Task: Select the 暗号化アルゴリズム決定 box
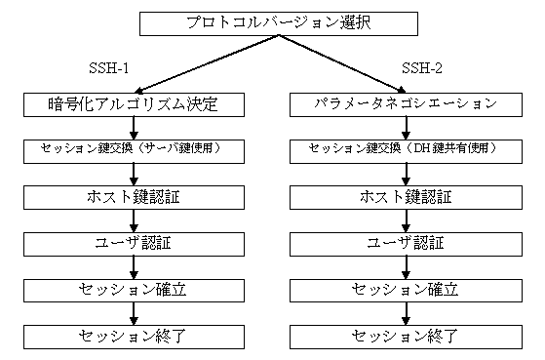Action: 135,101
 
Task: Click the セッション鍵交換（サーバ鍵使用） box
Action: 135,150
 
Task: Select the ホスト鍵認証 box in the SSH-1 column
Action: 135,197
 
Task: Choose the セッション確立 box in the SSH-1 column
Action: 135,290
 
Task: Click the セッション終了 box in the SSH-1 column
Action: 135,337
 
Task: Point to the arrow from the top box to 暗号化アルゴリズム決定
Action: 200,61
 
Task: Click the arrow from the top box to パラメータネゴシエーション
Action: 336,61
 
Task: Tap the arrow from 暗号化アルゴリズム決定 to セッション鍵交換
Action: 135,126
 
